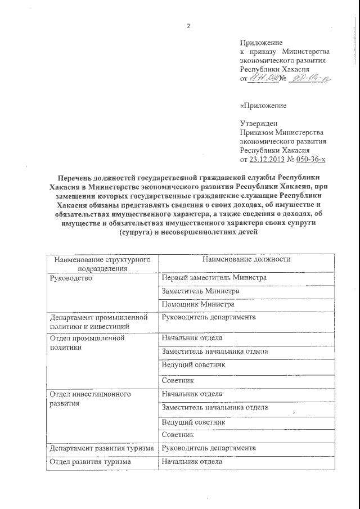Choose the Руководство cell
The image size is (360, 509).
point(70,278)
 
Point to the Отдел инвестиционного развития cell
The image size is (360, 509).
point(90,399)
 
